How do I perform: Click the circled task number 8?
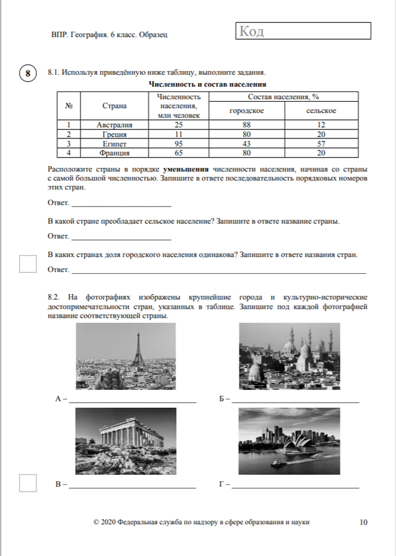coord(26,73)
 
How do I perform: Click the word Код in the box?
coord(251,31)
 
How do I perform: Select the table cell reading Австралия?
coord(114,125)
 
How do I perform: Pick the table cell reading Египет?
coord(114,144)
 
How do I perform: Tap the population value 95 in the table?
coord(178,144)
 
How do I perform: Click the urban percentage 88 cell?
coord(246,125)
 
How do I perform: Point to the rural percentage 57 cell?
coord(320,144)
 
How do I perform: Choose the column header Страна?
coord(114,106)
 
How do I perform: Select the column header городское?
coord(246,111)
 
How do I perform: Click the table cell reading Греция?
coord(114,134)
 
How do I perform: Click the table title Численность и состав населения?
coord(207,85)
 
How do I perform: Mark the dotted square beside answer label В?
coord(28,483)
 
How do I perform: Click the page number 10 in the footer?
coord(363,522)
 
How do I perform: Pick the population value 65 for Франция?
coord(178,153)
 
